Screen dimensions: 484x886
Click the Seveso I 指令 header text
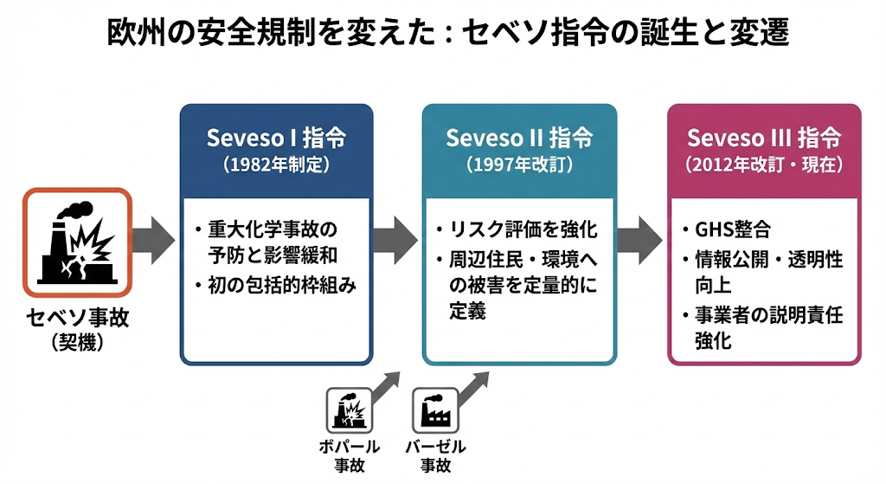pos(276,139)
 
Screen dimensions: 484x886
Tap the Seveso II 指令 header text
pos(519,139)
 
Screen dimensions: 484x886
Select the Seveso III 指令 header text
pos(764,139)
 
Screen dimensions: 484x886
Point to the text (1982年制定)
pos(276,163)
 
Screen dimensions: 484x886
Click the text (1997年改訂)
pos(519,163)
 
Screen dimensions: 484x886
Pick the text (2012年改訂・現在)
pos(764,163)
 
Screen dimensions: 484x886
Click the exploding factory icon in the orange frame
pos(78,243)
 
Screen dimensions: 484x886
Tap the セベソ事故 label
pos(78,318)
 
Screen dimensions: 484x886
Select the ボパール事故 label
pos(350,455)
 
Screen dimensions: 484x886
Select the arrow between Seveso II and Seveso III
pos(640,235)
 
